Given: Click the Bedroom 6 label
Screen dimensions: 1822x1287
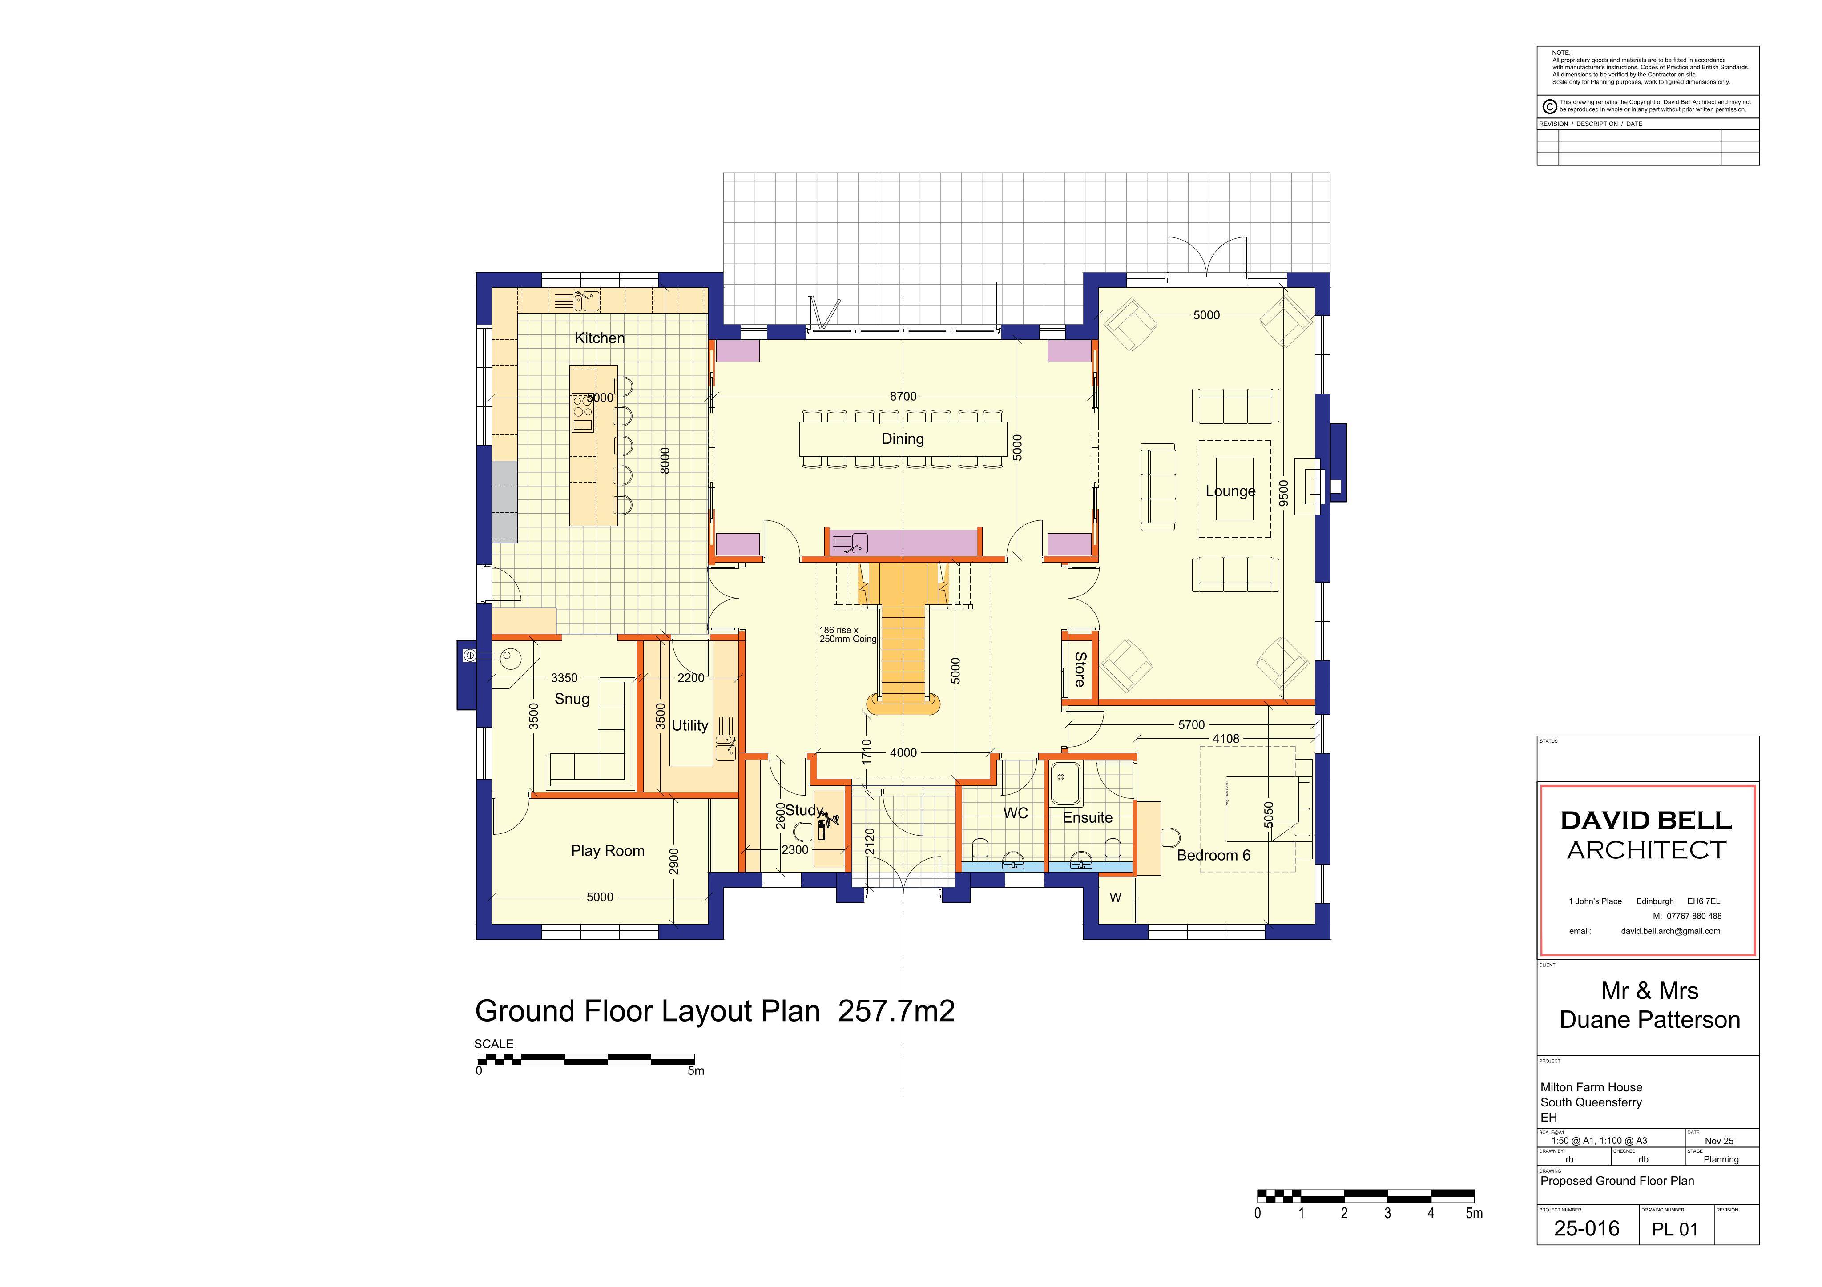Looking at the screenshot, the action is (x=1213, y=855).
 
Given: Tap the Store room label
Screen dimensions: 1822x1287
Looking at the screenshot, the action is (x=1079, y=669).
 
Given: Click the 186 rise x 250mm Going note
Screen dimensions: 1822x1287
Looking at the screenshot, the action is (x=847, y=635).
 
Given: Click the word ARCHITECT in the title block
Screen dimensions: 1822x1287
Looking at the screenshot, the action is (x=1647, y=851).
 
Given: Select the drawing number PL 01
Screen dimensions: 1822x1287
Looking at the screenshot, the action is (x=1675, y=1230).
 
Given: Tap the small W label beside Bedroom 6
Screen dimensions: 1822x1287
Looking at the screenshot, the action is (x=1115, y=898).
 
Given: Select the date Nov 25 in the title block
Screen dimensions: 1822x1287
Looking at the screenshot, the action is (x=1719, y=1141).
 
